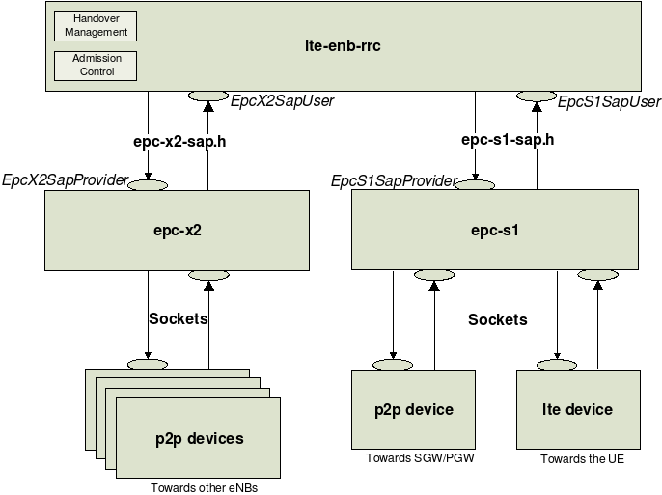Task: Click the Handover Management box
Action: [x=96, y=26]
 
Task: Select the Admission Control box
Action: [x=96, y=66]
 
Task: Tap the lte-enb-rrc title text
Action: [x=343, y=45]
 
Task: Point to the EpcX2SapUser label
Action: [x=282, y=101]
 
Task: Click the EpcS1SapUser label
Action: [x=609, y=101]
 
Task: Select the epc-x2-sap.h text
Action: [x=179, y=141]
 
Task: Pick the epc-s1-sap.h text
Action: [x=508, y=139]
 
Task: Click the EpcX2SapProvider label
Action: [x=65, y=180]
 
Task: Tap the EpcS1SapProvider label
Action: [x=394, y=181]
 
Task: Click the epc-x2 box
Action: [x=177, y=231]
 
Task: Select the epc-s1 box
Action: [x=495, y=230]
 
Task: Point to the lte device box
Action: [x=578, y=409]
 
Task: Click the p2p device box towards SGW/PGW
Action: [x=413, y=409]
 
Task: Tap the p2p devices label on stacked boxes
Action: [x=199, y=439]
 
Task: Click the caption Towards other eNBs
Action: [x=204, y=487]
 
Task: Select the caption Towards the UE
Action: [x=582, y=458]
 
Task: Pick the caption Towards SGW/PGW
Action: [x=420, y=458]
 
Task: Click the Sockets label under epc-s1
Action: [x=498, y=319]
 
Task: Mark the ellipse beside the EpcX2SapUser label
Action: [x=208, y=96]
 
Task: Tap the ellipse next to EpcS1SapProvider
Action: [x=475, y=184]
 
